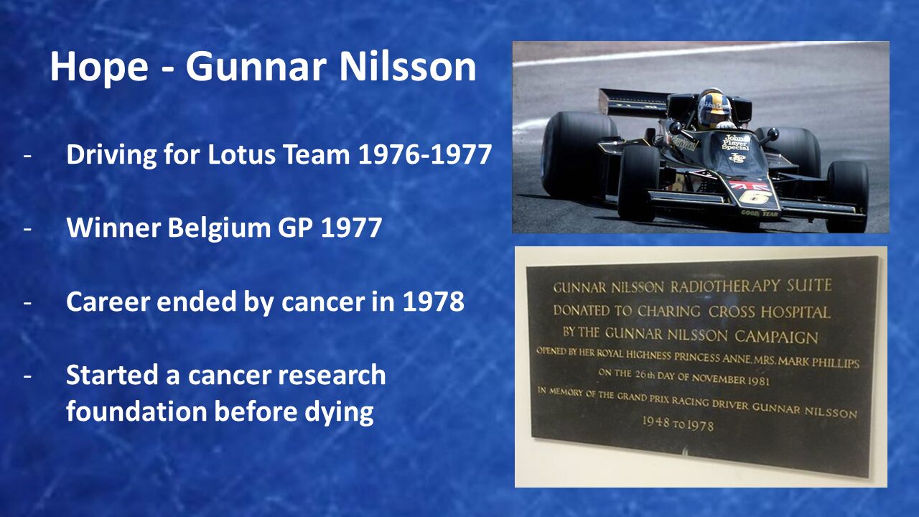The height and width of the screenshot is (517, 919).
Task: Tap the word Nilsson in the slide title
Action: [408, 67]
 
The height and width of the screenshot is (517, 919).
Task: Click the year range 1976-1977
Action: [425, 154]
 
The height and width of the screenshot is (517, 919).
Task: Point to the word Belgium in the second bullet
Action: [220, 228]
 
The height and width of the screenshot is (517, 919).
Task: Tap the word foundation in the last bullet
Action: [136, 411]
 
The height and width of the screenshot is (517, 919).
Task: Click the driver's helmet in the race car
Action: [714, 108]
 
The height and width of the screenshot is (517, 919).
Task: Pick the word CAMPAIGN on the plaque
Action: [776, 337]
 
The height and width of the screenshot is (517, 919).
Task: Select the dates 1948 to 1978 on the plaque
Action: [678, 424]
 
